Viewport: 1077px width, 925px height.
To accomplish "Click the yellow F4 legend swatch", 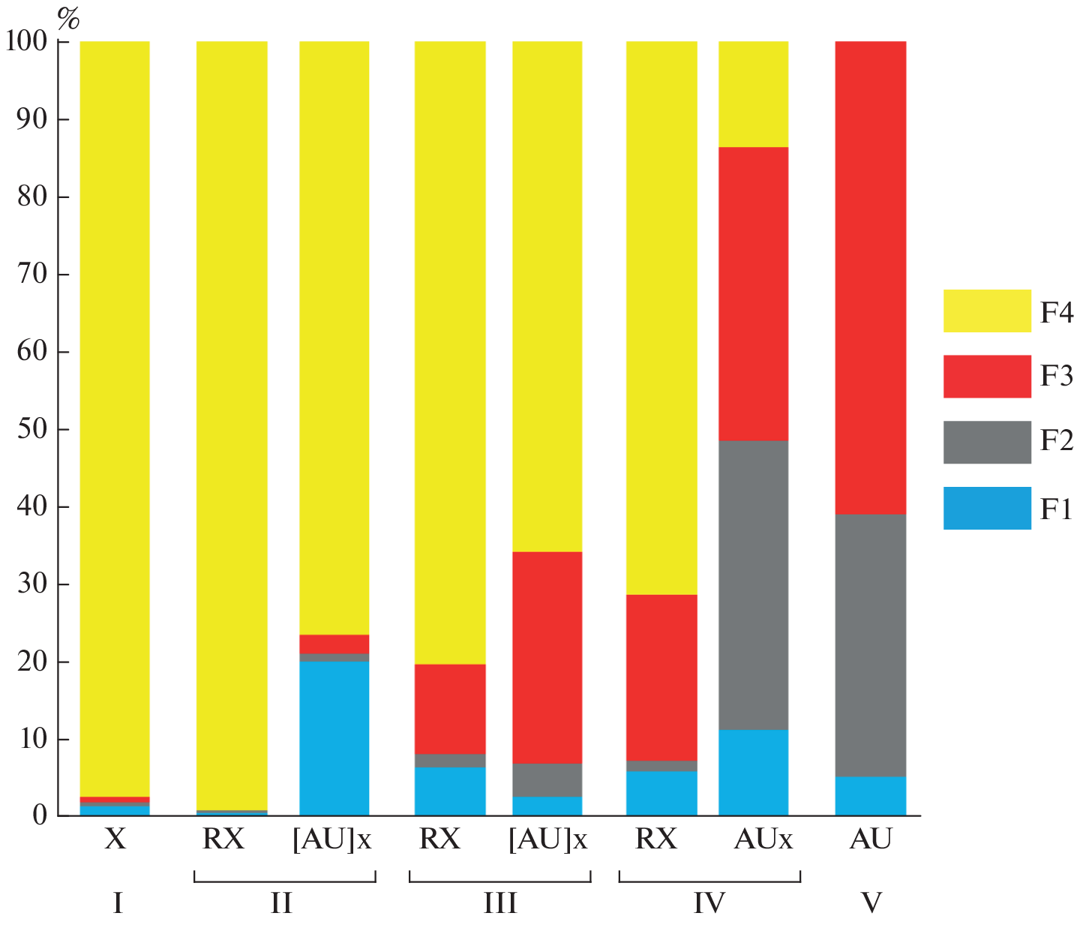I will pos(986,311).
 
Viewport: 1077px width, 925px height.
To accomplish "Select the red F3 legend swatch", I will pos(986,376).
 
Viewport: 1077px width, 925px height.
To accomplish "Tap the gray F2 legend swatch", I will pos(986,441).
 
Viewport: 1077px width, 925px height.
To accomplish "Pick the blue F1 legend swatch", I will pos(986,508).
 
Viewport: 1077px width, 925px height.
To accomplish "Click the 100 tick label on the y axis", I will pos(27,42).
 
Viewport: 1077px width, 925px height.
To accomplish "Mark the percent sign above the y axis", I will pos(67,19).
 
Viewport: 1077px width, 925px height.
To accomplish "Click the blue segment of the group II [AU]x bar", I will pos(334,738).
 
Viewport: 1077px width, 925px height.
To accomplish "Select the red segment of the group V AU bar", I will pos(870,278).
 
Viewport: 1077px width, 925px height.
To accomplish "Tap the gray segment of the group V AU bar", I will pos(870,645).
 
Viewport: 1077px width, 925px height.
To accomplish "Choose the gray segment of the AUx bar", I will pos(753,585).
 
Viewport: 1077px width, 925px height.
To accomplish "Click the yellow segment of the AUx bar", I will pos(753,94).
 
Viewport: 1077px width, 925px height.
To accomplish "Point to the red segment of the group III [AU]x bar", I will pos(547,657).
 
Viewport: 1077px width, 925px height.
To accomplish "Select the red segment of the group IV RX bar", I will pos(661,677).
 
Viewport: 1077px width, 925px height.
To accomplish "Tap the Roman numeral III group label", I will pos(499,902).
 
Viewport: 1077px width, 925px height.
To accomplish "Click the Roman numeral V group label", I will pos(871,902).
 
